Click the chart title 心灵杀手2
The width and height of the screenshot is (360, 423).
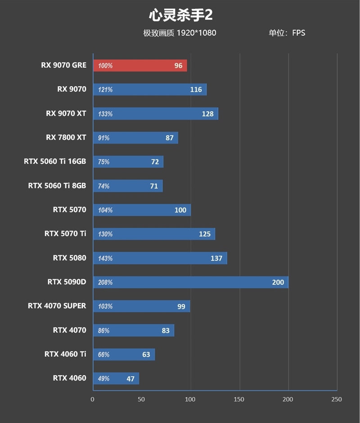(180, 15)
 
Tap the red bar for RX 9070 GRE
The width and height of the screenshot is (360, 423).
(139, 66)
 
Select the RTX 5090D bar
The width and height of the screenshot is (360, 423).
(190, 282)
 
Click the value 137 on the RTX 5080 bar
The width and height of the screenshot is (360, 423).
(216, 258)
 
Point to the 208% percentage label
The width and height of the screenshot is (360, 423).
(105, 282)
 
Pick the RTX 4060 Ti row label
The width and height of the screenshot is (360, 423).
(65, 354)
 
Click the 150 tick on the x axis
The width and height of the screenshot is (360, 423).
(239, 399)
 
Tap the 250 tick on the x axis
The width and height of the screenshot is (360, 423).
(336, 399)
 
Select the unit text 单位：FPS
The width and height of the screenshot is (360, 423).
(287, 33)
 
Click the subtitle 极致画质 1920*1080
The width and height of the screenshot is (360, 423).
(180, 33)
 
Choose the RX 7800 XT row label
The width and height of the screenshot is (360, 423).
(66, 137)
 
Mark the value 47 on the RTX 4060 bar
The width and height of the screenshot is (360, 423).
(130, 379)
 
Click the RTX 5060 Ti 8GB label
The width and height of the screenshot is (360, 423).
(57, 186)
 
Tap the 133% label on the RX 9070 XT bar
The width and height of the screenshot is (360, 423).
(105, 114)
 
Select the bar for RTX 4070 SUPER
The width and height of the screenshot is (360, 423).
(141, 306)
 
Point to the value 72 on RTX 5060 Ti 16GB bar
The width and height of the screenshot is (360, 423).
(155, 162)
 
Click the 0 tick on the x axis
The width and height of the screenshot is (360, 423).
(93, 399)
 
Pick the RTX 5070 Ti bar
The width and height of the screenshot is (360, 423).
(154, 234)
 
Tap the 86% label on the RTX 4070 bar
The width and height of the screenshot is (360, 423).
(104, 331)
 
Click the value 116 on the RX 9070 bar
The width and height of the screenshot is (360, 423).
(196, 90)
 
